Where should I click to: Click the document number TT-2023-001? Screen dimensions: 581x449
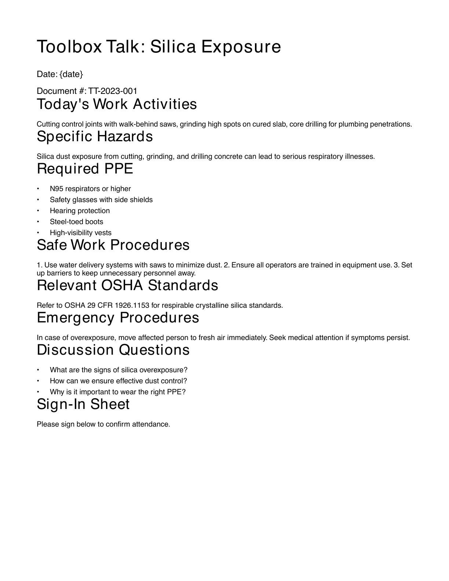[x=113, y=91]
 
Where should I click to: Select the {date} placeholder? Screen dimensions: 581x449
[x=71, y=74]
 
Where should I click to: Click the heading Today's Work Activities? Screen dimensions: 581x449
[x=117, y=104]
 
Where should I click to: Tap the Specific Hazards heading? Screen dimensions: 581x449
[x=95, y=136]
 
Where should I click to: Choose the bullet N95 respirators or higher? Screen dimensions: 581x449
[x=90, y=189]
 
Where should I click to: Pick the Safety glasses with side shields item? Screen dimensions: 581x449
[x=101, y=200]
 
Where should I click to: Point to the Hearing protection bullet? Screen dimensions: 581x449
[x=80, y=211]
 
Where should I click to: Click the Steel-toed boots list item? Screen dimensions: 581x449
[x=76, y=222]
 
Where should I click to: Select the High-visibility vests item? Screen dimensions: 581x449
[x=81, y=233]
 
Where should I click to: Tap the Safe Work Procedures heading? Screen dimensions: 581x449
[x=113, y=245]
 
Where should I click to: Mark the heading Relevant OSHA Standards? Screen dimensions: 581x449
[x=127, y=285]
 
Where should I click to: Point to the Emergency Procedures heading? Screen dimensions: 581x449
[x=118, y=318]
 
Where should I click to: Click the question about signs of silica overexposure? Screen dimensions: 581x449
[x=118, y=370]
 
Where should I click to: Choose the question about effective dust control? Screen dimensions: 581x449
[x=118, y=381]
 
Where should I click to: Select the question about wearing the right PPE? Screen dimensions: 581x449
[x=118, y=392]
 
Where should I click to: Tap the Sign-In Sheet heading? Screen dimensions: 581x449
[x=83, y=404]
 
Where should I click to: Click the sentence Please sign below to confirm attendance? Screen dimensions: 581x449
[x=103, y=424]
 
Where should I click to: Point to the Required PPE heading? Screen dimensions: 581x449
[x=85, y=169]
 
